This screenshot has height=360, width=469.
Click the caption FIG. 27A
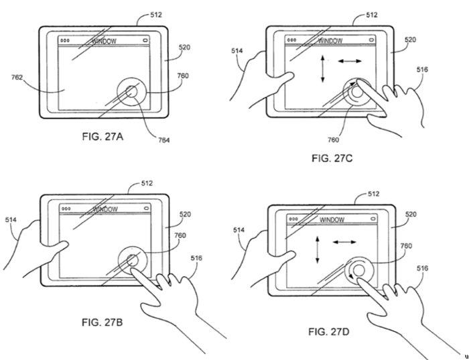coord(103,137)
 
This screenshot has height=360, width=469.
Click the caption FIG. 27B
coord(102,322)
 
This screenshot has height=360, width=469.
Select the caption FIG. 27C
coord(332,158)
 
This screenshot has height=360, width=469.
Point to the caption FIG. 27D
coord(329,332)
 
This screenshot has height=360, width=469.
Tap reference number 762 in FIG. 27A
coord(17,78)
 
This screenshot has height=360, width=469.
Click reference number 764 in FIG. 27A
coord(163,139)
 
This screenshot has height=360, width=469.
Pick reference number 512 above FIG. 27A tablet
coord(156,15)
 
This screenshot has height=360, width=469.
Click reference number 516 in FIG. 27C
coord(422,70)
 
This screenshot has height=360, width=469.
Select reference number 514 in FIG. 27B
coord(11,220)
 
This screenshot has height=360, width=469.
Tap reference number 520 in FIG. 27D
coord(411,215)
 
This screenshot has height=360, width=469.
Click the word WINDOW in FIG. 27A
coord(104,41)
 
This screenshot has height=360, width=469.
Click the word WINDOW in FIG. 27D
coord(332,220)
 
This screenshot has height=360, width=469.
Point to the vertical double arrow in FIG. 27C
coord(322,68)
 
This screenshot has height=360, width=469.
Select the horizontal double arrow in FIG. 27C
coord(350,62)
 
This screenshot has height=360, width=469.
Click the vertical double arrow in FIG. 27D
coord(318,249)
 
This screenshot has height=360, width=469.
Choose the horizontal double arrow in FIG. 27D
coord(344,242)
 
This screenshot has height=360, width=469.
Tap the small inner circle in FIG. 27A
coord(131,92)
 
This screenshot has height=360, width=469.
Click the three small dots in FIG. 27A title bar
coord(64,40)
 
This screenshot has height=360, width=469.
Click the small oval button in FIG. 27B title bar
coord(146,208)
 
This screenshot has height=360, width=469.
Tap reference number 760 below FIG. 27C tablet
coord(333,139)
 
